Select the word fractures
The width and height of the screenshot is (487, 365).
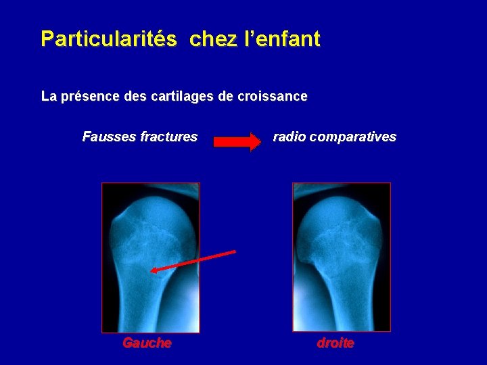[168, 137]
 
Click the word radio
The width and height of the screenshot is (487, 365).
[289, 137]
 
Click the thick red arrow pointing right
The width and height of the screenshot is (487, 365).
[237, 142]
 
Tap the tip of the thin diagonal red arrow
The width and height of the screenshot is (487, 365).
[152, 270]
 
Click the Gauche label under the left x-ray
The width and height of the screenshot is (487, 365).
[147, 343]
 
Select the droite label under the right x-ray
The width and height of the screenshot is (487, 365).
[335, 343]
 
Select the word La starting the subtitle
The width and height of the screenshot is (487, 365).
[48, 97]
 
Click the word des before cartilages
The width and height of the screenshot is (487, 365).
[136, 97]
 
